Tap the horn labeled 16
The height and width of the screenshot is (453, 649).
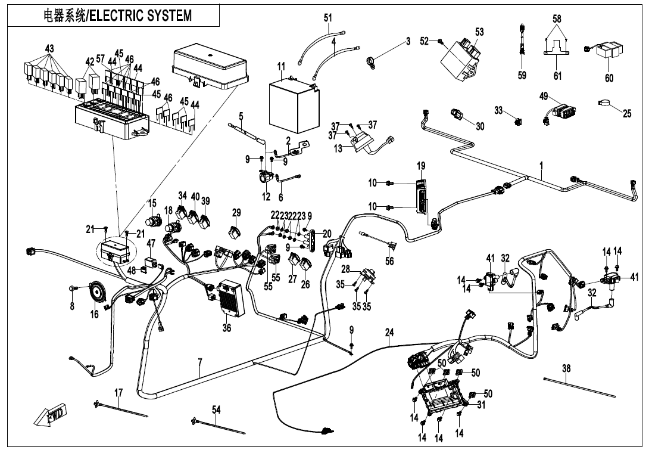(x=95, y=292)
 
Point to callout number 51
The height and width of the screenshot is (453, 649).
(x=328, y=18)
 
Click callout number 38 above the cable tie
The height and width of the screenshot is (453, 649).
(x=566, y=369)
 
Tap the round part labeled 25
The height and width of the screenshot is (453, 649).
(x=606, y=104)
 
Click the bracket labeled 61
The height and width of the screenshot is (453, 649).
(x=557, y=50)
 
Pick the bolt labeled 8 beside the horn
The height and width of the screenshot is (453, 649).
(x=73, y=288)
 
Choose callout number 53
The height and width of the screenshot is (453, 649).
(x=479, y=31)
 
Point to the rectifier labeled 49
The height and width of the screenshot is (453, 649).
(x=561, y=111)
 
